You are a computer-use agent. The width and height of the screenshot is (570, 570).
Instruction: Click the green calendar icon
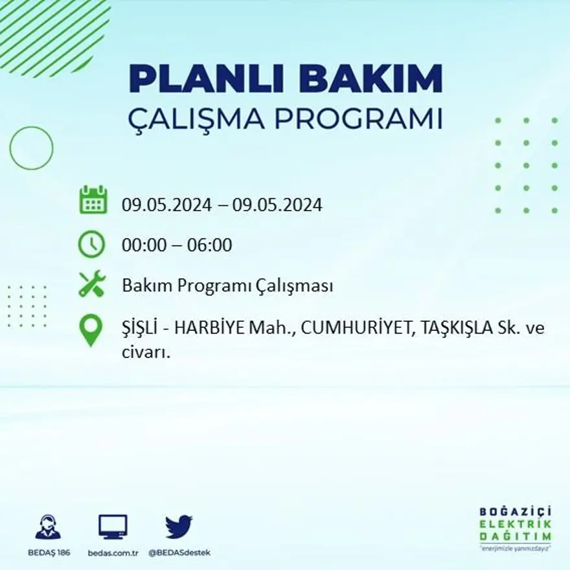tap(93, 200)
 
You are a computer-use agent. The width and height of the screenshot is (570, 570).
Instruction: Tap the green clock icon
tap(91, 244)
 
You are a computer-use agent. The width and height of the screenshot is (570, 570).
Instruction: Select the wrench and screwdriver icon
tap(91, 284)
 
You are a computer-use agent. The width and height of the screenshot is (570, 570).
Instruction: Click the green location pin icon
tap(91, 329)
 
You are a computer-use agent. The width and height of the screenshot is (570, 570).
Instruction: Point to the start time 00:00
tap(142, 245)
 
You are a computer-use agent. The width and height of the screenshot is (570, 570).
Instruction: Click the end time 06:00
tap(210, 245)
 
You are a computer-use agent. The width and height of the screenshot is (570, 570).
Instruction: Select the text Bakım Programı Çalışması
tap(227, 286)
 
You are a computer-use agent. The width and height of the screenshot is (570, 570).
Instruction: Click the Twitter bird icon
tap(179, 527)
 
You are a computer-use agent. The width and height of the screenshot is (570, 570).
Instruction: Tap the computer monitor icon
tap(113, 527)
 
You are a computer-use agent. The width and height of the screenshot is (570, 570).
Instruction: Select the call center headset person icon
tap(48, 527)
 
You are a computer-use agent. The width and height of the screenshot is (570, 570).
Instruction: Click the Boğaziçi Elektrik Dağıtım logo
tap(516, 527)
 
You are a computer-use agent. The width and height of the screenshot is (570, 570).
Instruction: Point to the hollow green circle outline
tap(31, 148)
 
